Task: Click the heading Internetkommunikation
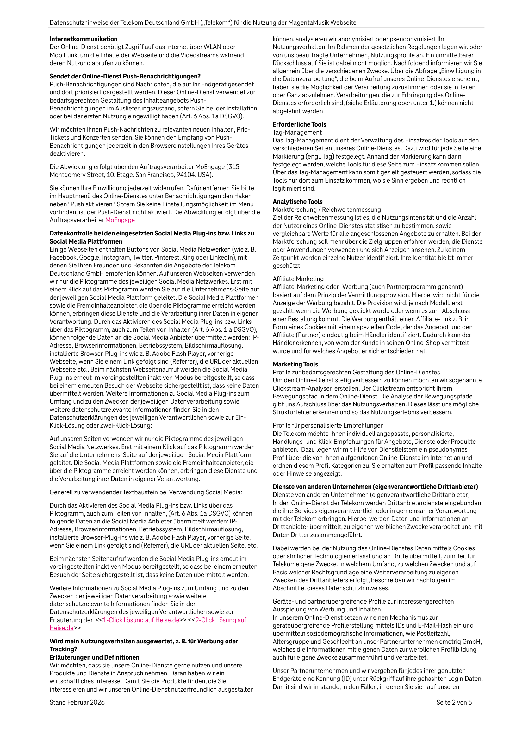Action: (83, 39)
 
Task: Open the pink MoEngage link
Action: (120, 220)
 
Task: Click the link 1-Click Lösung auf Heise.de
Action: (141, 620)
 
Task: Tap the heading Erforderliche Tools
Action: (299, 124)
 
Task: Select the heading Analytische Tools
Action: (297, 202)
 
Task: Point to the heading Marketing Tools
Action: (295, 364)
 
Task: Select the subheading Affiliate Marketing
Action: (298, 279)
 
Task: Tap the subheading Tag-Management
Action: (297, 132)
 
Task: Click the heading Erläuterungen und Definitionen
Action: (94, 657)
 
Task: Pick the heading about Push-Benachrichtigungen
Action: (125, 76)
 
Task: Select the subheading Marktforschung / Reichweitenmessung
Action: (327, 210)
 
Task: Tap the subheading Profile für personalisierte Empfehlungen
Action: (328, 425)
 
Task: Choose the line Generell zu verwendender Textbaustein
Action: (146, 492)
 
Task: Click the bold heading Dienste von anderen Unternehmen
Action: (375, 487)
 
